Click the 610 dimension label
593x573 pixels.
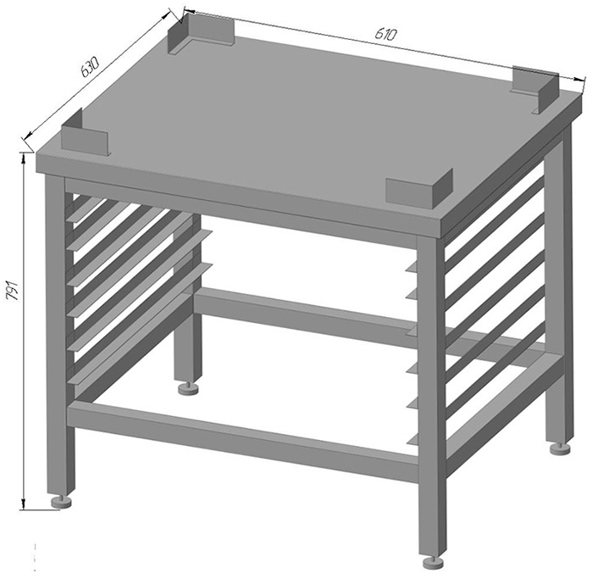pos(385,34)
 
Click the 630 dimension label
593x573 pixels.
pos(90,67)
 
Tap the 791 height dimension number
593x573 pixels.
pos(14,290)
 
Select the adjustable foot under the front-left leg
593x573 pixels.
pos(61,502)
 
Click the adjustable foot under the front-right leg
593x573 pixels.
pos(434,562)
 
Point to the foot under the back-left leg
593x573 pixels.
pos(189,388)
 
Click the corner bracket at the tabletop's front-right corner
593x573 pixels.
pos(419,188)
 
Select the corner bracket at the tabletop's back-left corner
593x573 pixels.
pos(201,34)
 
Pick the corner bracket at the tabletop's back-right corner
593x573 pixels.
pos(535,89)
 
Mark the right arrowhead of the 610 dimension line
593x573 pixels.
pos(579,79)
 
